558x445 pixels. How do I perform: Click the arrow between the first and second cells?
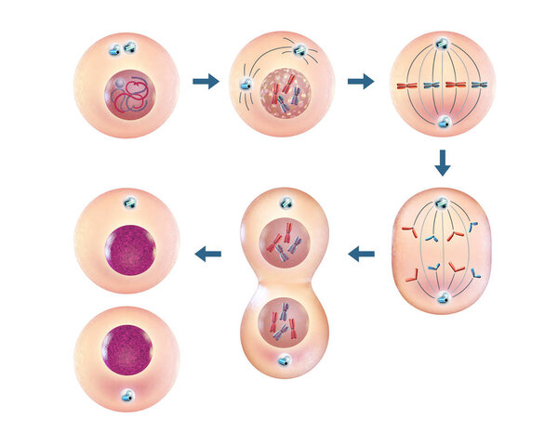pyautogui.click(x=206, y=82)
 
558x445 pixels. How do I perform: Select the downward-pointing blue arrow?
pyautogui.click(x=443, y=164)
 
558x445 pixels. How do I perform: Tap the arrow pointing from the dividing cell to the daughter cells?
pyautogui.click(x=207, y=254)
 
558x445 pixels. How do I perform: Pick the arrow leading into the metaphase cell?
pyautogui.click(x=361, y=82)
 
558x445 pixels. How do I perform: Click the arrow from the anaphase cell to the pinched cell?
pyautogui.click(x=361, y=253)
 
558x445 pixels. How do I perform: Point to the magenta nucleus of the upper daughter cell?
pyautogui.click(x=128, y=249)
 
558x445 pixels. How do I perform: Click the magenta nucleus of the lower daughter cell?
pyautogui.click(x=126, y=349)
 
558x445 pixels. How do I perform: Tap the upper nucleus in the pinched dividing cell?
pyautogui.click(x=285, y=242)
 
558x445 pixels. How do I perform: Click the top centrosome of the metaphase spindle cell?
pyautogui.click(x=443, y=43)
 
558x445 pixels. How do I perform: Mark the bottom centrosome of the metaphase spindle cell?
pyautogui.click(x=444, y=122)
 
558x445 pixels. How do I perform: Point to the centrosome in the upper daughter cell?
pyautogui.click(x=127, y=203)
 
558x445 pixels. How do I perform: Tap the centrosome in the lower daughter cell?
pyautogui.click(x=126, y=396)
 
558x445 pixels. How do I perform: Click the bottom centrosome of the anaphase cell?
pyautogui.click(x=444, y=297)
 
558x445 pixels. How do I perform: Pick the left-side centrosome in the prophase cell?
pyautogui.click(x=245, y=84)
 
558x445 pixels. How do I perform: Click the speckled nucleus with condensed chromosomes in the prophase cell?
pyautogui.click(x=285, y=97)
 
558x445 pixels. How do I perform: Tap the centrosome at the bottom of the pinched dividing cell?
pyautogui.click(x=285, y=360)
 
